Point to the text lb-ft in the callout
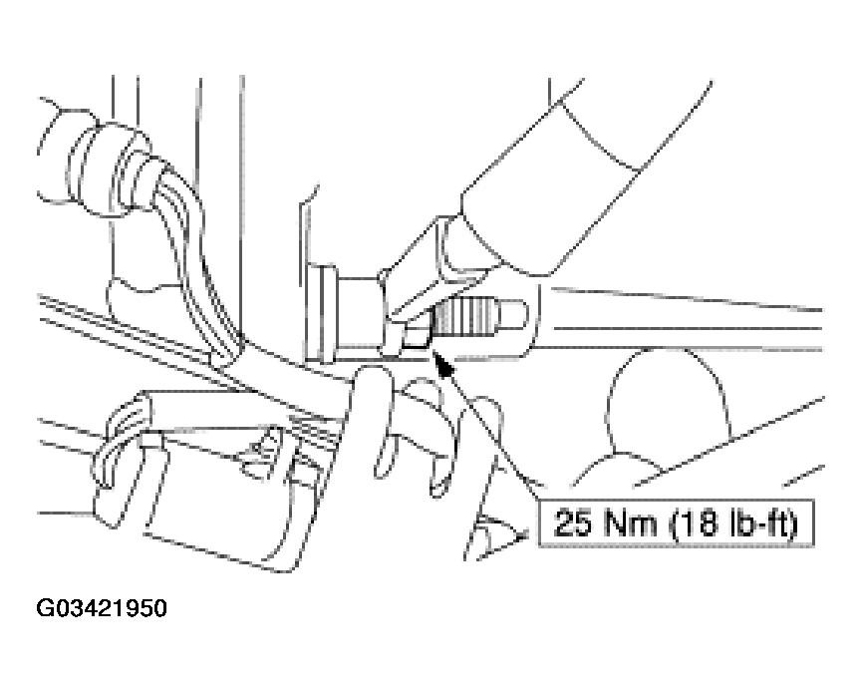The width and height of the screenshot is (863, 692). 758,522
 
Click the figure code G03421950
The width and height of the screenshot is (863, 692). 102,608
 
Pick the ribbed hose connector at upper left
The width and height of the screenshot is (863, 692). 110,166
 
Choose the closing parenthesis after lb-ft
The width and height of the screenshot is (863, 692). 793,523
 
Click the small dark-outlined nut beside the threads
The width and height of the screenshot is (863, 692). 416,336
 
